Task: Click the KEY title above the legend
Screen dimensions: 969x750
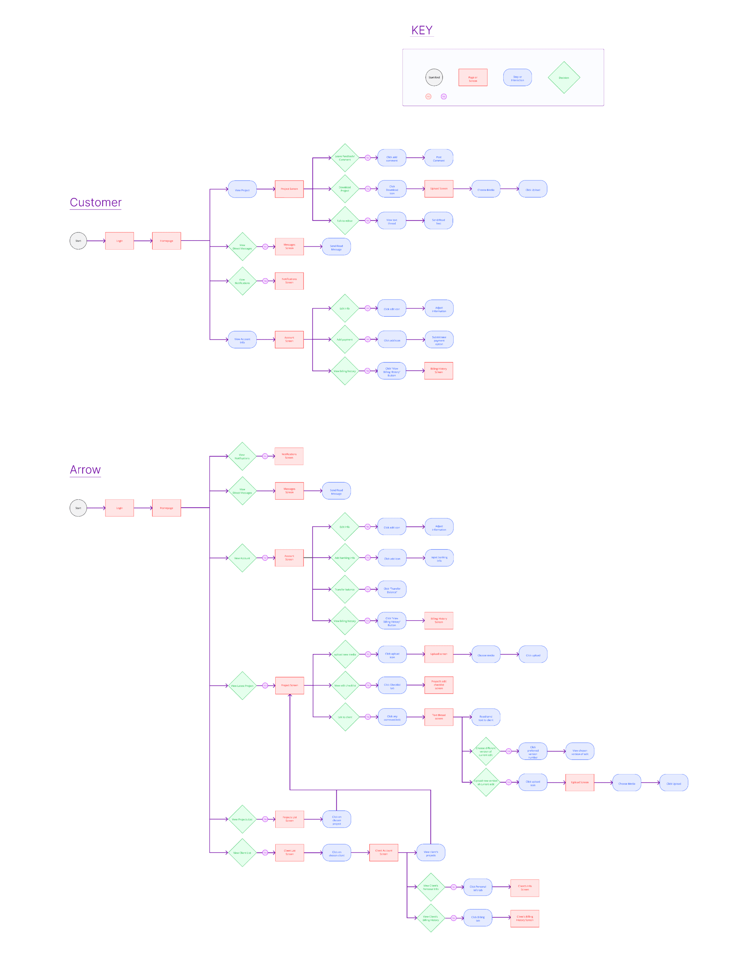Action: point(421,30)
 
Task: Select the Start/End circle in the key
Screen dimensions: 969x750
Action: point(433,77)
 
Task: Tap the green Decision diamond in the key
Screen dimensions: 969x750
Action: point(563,77)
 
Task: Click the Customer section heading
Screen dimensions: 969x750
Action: point(95,202)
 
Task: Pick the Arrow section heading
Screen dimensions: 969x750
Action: point(85,469)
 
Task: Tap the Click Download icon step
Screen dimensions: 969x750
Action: point(391,189)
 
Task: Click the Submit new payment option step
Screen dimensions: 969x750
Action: point(438,340)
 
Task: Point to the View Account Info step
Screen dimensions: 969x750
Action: point(242,340)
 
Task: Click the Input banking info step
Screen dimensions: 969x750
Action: point(438,558)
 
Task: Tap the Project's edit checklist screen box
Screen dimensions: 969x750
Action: point(438,684)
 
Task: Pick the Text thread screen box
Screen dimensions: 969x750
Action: point(438,717)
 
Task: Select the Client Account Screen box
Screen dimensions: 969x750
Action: point(383,852)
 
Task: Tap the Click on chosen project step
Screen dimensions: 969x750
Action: point(336,819)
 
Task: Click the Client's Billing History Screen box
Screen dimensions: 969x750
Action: point(524,918)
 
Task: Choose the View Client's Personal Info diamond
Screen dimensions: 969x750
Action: point(430,887)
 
